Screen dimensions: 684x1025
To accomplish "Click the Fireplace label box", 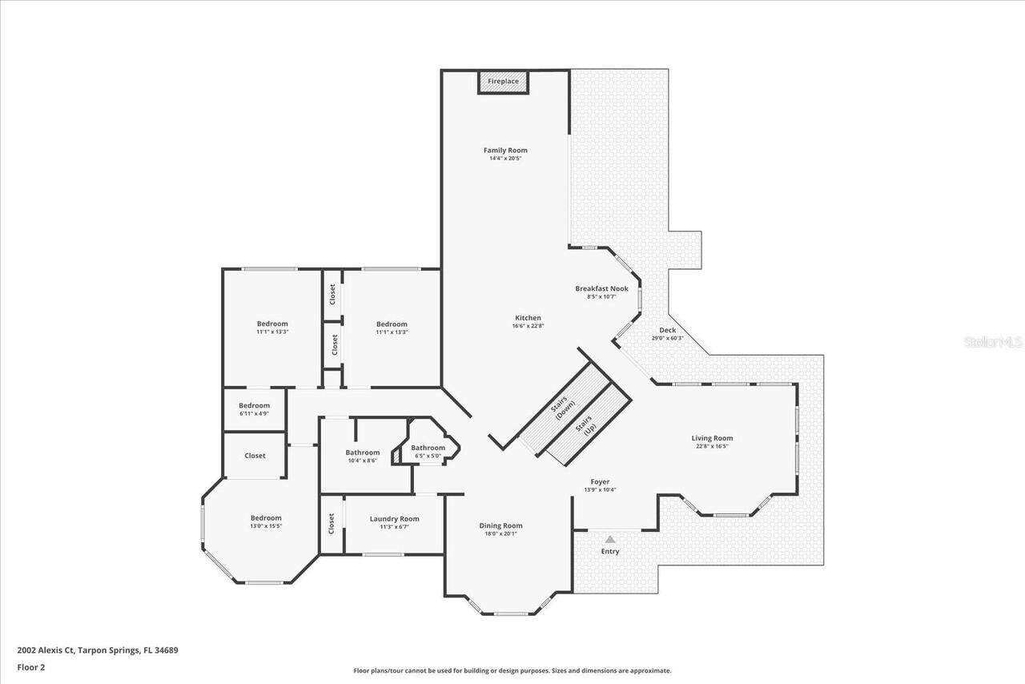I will pos(504,82).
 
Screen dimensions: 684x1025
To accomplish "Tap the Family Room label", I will pos(505,151).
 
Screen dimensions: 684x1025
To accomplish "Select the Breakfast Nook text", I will pos(601,288).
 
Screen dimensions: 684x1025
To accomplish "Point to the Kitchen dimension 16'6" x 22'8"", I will pos(528,326).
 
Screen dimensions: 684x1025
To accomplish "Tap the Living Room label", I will pos(712,438).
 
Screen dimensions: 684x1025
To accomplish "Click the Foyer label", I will pos(600,482).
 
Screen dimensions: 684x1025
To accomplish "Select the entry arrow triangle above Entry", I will pos(610,540).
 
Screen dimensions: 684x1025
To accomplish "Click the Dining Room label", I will pos(500,526).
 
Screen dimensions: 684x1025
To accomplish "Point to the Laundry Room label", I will pos(394,519).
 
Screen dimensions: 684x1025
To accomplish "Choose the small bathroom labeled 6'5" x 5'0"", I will pos(428,449).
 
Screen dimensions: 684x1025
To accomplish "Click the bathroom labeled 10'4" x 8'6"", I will pos(362,453).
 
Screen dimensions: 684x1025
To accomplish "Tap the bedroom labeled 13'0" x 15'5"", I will pos(266,518).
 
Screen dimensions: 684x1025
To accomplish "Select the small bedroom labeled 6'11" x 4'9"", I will pos(254,406).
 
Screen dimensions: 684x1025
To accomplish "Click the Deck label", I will pos(667,330).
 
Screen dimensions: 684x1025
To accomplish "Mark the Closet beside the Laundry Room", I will pos(332,524).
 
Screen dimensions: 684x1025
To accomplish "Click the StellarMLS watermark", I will pos(993,342).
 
